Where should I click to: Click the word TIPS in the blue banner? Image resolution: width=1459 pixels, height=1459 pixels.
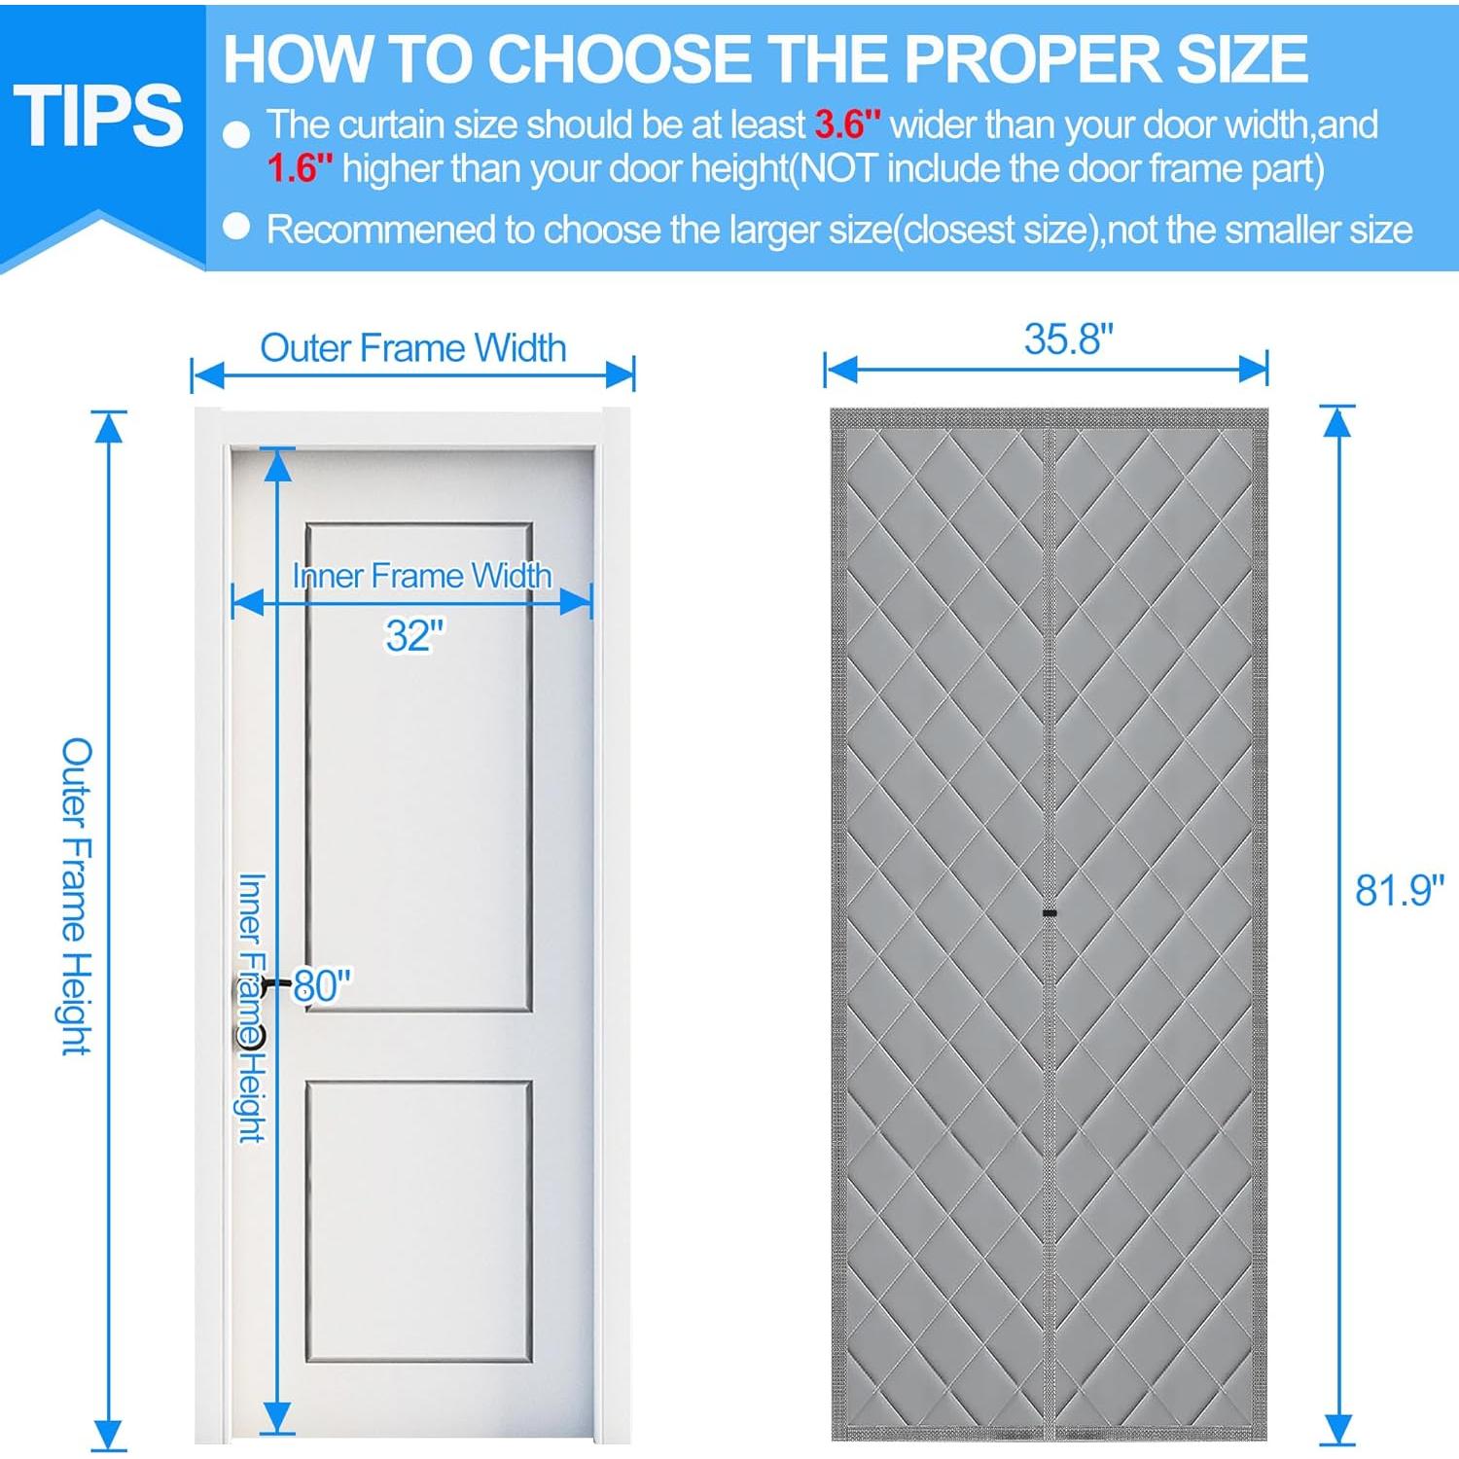[x=98, y=116]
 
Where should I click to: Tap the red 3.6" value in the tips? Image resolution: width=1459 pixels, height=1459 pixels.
[x=847, y=125]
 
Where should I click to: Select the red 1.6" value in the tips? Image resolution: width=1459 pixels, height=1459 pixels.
[x=300, y=169]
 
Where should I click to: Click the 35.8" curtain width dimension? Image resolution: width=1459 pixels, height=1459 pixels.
[x=1067, y=339]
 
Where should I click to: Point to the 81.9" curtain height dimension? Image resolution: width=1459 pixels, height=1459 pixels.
[x=1399, y=890]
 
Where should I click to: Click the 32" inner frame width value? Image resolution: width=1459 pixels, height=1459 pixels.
[x=414, y=636]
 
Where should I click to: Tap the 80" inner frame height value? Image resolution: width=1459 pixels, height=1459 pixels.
[x=322, y=985]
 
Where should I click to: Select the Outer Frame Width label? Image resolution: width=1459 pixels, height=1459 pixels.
[x=412, y=348]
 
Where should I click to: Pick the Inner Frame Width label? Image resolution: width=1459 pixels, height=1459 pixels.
[x=422, y=576]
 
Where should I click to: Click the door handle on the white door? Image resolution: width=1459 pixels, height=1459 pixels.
[x=249, y=1012]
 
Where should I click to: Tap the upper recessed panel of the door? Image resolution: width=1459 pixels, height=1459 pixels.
[x=418, y=768]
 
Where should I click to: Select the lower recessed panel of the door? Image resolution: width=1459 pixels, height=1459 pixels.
[x=418, y=1221]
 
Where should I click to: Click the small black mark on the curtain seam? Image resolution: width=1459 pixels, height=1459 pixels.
[x=1050, y=913]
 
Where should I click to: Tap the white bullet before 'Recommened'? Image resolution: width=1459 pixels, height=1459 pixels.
[x=236, y=227]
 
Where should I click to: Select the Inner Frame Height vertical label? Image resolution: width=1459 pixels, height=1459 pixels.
[x=252, y=1007]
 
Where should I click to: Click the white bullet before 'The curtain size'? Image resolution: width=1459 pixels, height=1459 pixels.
[x=236, y=134]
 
